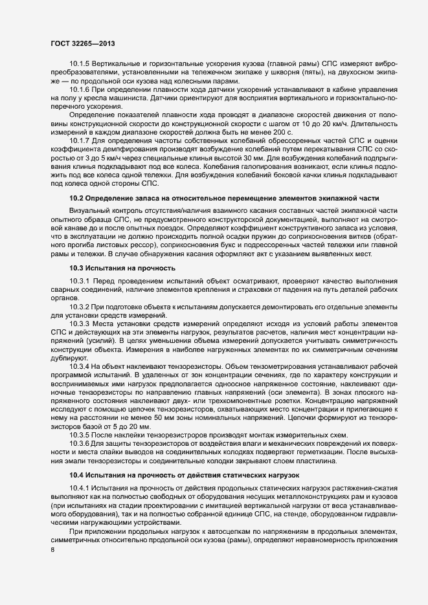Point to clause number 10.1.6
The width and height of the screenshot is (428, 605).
(x=80, y=89)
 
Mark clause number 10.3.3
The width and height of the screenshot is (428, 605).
(x=80, y=322)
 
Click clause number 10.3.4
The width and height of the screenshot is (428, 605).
(x=80, y=366)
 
